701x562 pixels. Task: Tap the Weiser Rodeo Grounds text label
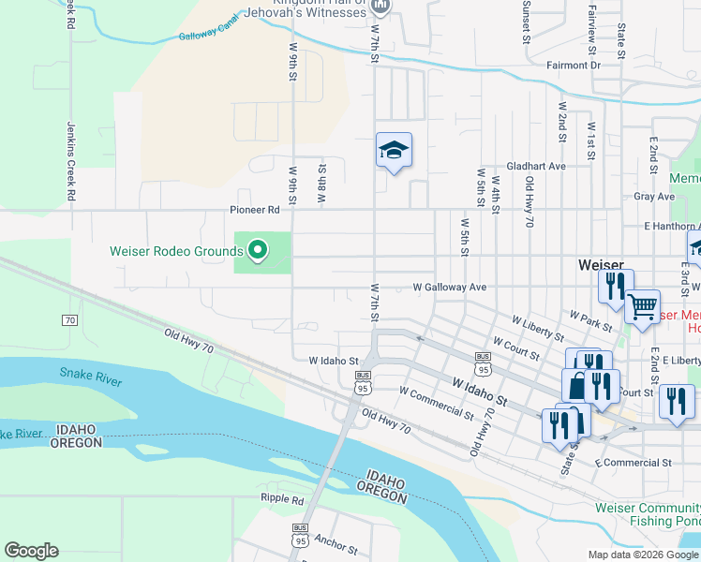click(176, 251)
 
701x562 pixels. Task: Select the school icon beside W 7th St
click(394, 150)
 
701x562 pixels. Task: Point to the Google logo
click(31, 551)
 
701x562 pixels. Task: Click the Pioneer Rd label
click(255, 211)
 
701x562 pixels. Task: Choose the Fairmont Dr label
click(573, 66)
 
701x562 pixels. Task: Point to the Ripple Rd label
click(284, 499)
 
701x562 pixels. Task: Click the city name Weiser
click(594, 265)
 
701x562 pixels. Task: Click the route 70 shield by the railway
click(69, 320)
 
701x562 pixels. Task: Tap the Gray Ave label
click(653, 197)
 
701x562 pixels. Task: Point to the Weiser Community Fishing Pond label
click(647, 513)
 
